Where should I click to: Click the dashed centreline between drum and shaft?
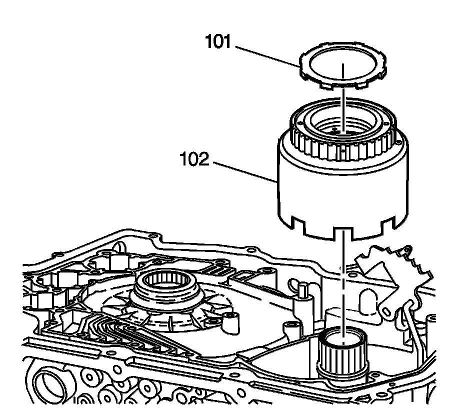tap(343, 280)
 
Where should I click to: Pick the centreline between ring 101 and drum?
tap(343, 100)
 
